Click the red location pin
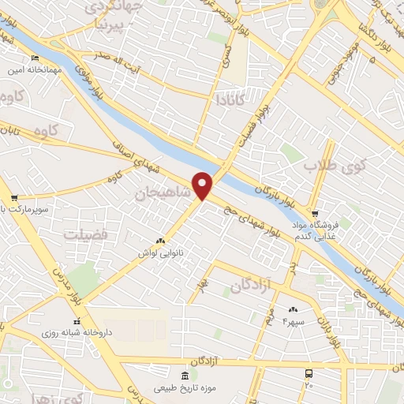[x=203, y=185]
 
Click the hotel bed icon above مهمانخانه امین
[x=33, y=59]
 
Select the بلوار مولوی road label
[x=92, y=83]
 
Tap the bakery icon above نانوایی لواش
[x=161, y=241]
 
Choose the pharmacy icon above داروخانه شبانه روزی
[x=77, y=321]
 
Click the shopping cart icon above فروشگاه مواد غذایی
[x=314, y=214]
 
